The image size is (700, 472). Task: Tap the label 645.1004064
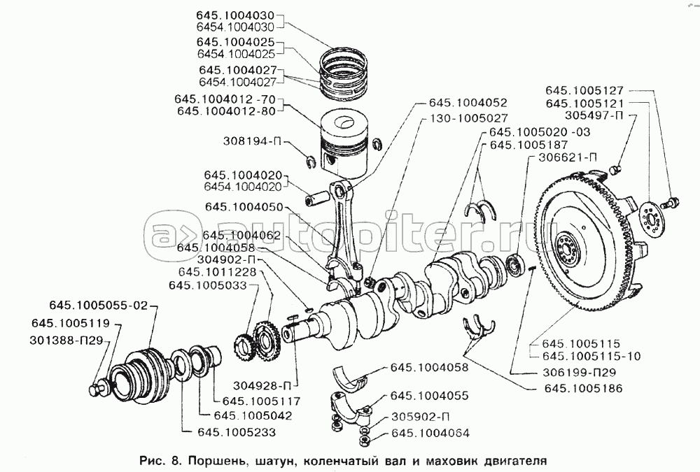pos(430,433)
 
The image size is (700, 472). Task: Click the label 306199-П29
pos(579,372)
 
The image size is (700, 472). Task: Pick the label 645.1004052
pos(463,103)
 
